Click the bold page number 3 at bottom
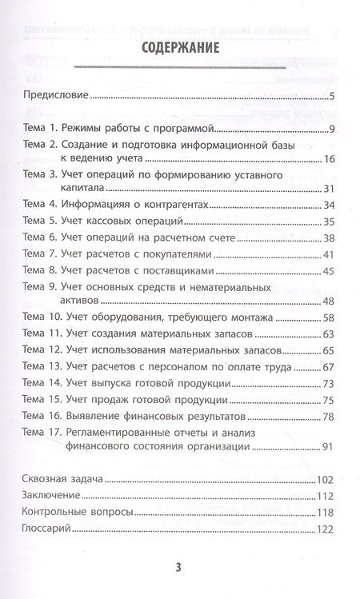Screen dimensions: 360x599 179,569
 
